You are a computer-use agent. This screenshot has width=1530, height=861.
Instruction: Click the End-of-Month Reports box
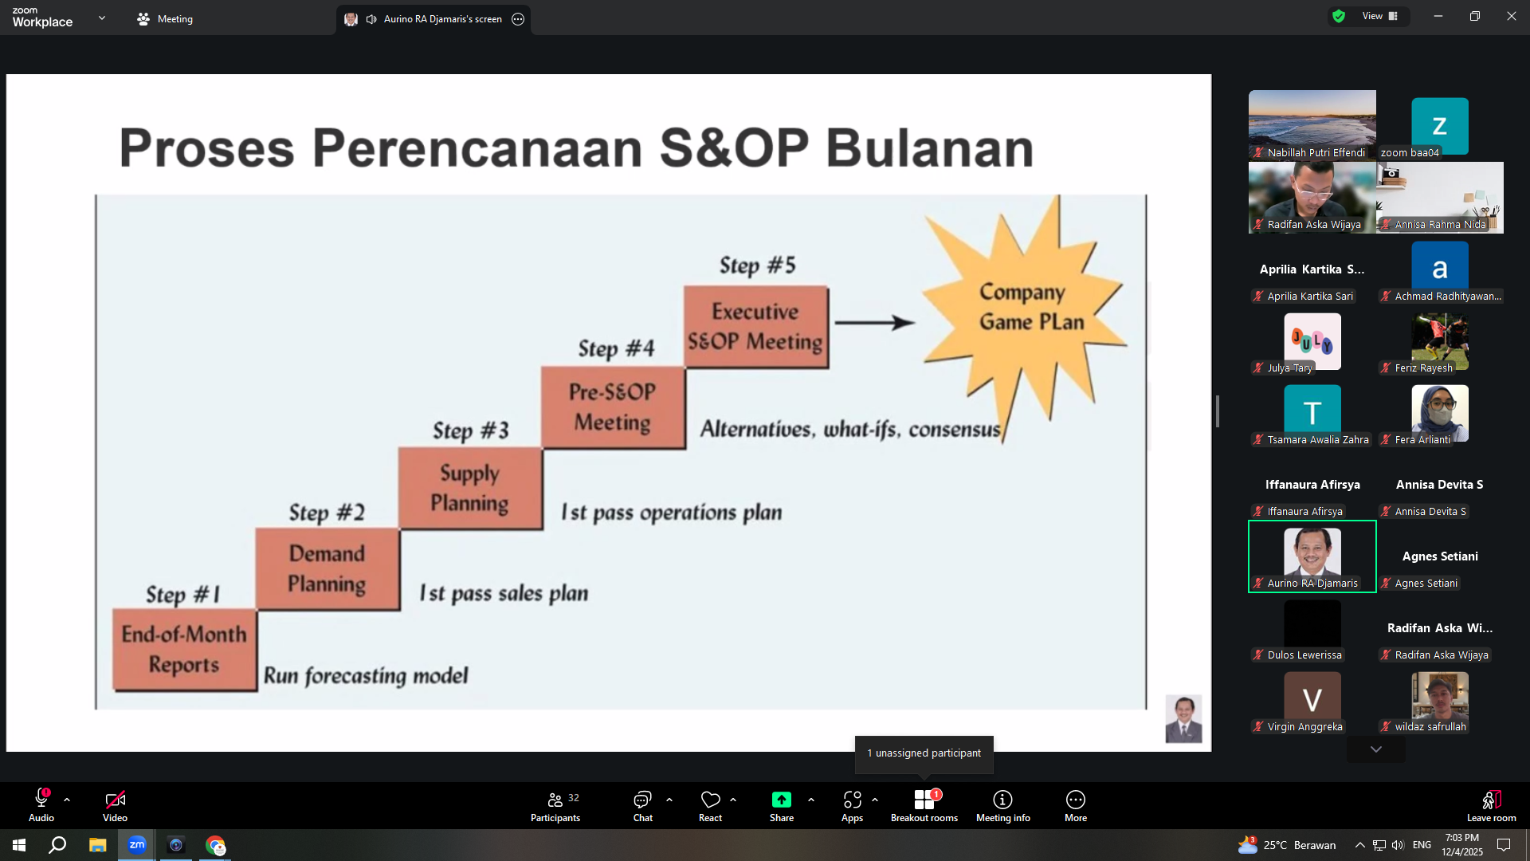click(185, 650)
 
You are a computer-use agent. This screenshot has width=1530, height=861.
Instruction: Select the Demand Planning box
click(328, 569)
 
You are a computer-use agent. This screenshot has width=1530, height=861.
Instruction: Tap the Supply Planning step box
click(470, 488)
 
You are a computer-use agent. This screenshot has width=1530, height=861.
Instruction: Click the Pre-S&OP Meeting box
click(613, 407)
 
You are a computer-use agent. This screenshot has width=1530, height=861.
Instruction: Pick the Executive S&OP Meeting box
click(755, 326)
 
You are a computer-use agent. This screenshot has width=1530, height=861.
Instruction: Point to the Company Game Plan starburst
click(1028, 311)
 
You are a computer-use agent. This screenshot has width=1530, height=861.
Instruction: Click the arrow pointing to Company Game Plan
click(874, 322)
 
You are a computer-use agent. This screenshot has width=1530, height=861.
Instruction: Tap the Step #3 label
click(470, 431)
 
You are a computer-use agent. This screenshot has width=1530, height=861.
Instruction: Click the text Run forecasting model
click(366, 675)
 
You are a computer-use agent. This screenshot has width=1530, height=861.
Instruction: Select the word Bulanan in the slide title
click(929, 148)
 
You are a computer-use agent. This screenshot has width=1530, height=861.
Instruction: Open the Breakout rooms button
click(924, 805)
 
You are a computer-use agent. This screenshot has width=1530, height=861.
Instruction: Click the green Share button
click(782, 805)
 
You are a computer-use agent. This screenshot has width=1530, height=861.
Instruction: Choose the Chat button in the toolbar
click(642, 805)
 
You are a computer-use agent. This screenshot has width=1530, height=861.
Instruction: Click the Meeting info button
click(1002, 805)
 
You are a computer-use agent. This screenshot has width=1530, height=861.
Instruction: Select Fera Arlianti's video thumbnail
click(1440, 414)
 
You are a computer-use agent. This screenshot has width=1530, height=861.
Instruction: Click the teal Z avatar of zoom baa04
click(1440, 126)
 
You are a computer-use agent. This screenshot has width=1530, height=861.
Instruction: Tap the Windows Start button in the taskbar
click(19, 845)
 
